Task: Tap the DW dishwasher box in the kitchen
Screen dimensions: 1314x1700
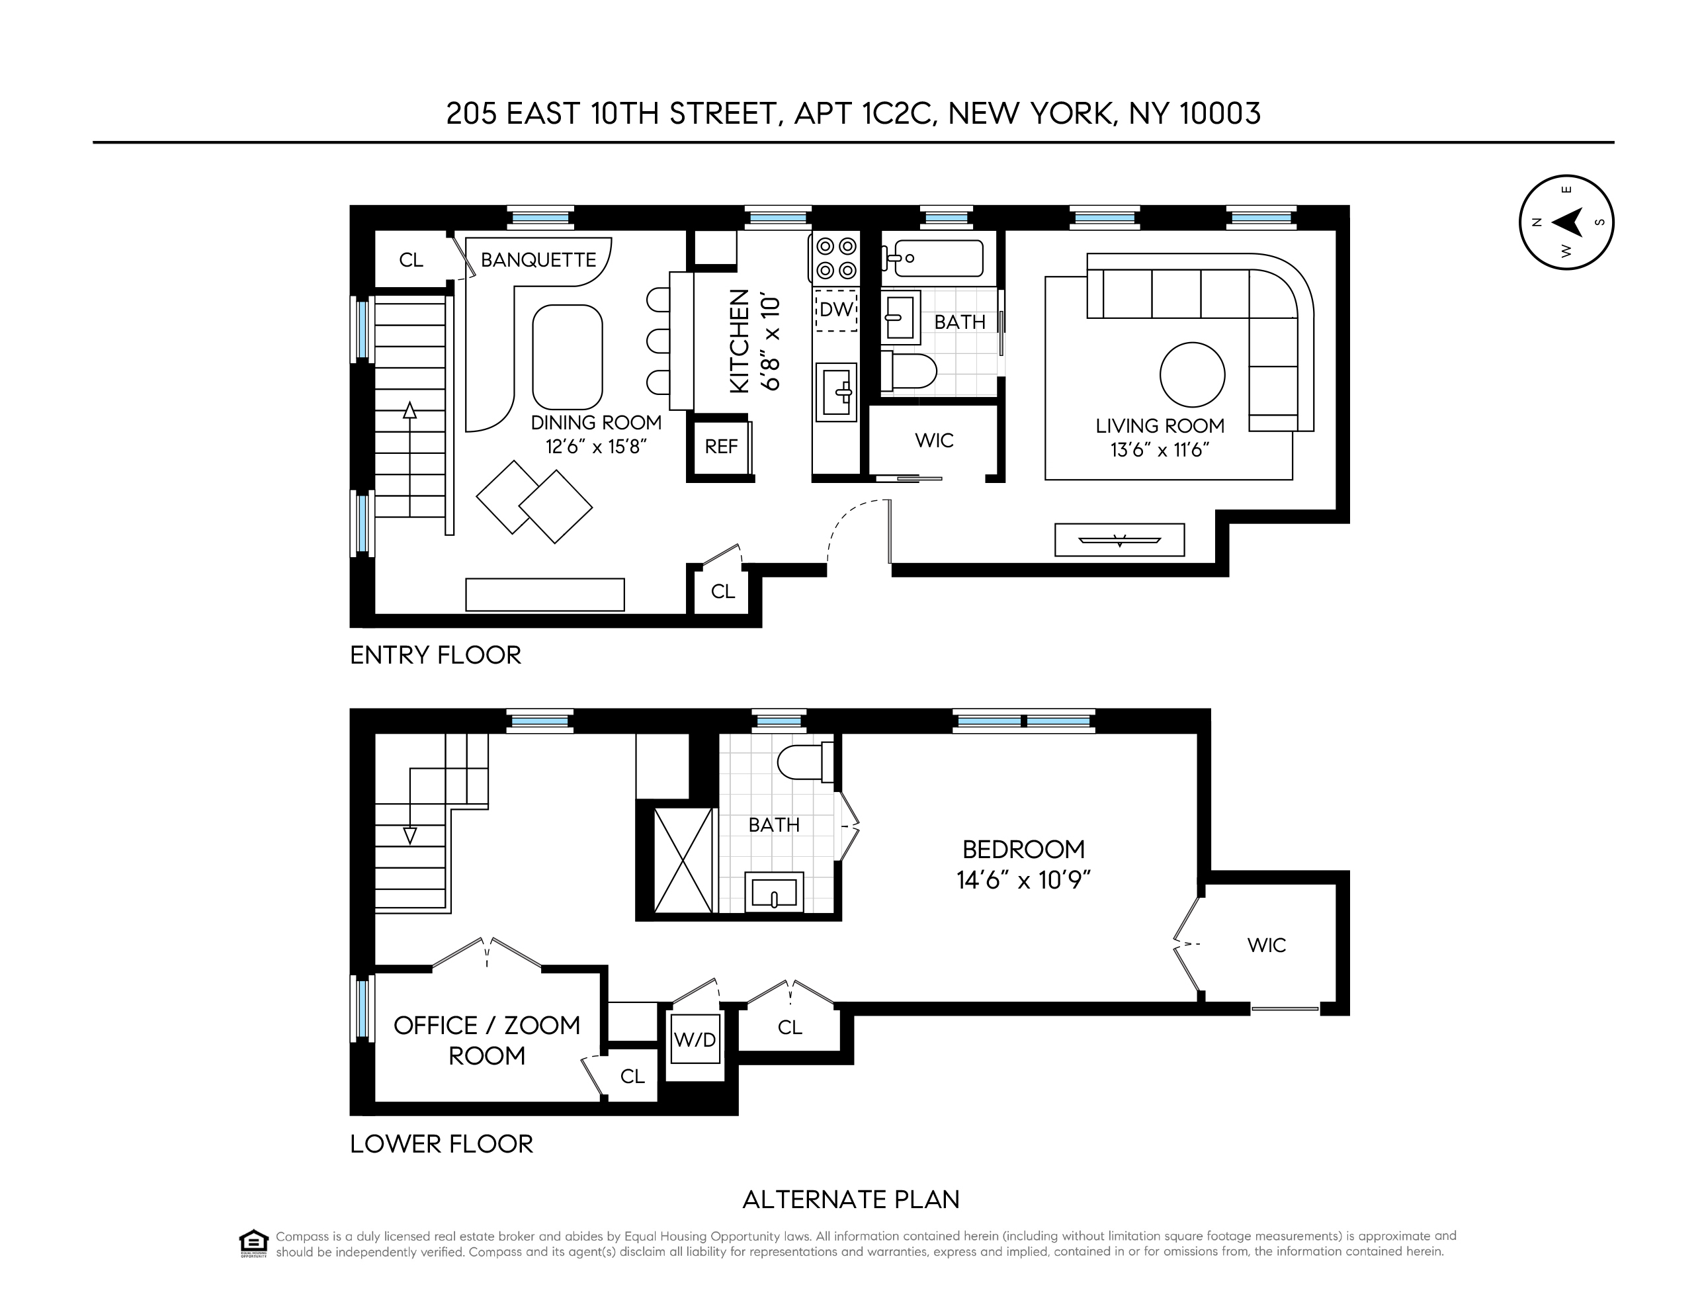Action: [836, 310]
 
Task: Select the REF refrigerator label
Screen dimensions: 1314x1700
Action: [721, 447]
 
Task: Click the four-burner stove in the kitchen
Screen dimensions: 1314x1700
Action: [836, 259]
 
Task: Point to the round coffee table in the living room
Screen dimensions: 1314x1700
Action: [1192, 375]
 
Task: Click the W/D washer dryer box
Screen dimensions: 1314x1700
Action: [695, 1040]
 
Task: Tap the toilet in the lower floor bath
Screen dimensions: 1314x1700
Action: [803, 762]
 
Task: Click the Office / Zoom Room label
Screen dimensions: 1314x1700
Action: [486, 1040]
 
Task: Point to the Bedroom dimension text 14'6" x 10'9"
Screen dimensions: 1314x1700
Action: [1023, 881]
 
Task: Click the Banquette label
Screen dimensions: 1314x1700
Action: [538, 260]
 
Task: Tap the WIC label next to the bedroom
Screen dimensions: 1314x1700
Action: [1267, 945]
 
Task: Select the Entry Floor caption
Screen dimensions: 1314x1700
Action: [435, 656]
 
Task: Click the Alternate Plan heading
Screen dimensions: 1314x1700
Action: [850, 1200]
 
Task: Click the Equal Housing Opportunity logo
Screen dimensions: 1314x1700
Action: [254, 1243]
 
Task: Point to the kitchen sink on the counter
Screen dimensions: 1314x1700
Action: [836, 392]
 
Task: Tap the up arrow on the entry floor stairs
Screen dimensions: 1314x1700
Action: [409, 410]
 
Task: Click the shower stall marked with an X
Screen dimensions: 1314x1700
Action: [683, 860]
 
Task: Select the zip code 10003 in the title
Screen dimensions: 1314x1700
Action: [1219, 114]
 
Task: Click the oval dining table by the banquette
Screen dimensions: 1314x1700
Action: [568, 357]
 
